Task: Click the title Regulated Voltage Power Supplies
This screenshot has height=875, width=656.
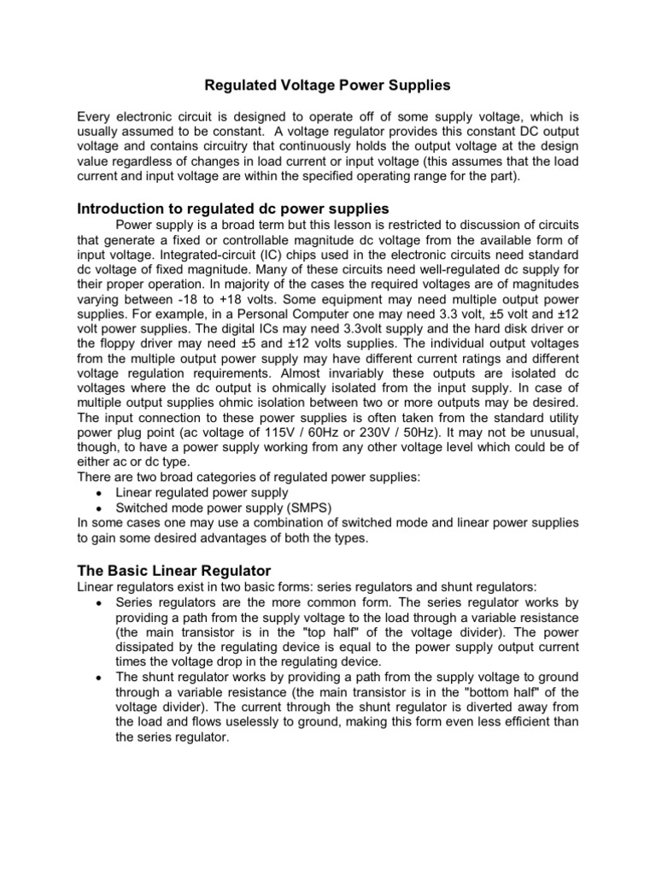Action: coord(327,85)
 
